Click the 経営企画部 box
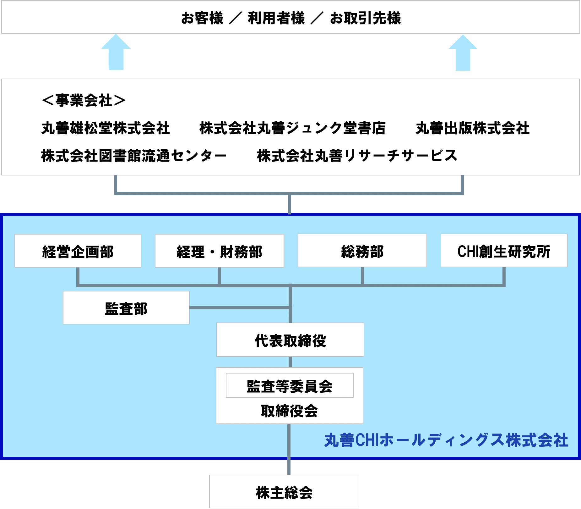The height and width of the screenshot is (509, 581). click(x=78, y=251)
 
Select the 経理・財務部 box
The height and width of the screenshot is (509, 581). click(x=220, y=251)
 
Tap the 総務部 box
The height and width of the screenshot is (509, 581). click(x=362, y=250)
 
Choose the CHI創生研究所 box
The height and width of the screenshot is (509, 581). click(x=504, y=250)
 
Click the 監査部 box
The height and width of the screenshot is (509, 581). click(x=126, y=307)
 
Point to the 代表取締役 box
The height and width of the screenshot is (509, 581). click(x=290, y=340)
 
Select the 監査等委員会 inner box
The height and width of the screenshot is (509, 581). click(x=290, y=385)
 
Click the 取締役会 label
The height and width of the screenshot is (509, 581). click(x=289, y=411)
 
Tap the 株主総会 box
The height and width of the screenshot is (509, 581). click(x=284, y=491)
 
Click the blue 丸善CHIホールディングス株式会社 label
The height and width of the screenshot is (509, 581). click(x=446, y=440)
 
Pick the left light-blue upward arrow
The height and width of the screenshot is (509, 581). click(x=116, y=52)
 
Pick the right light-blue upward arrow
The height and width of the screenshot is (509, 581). click(x=463, y=53)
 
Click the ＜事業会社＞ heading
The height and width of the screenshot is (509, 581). click(x=84, y=100)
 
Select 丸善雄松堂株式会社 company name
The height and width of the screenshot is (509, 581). click(x=106, y=128)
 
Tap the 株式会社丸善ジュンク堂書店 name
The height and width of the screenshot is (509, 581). click(x=292, y=128)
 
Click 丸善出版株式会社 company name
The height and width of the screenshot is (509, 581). click(x=473, y=128)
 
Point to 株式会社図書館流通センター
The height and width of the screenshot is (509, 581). click(x=134, y=156)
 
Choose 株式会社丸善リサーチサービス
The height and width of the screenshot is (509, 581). click(x=357, y=156)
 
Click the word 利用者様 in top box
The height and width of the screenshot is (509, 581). click(x=276, y=18)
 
